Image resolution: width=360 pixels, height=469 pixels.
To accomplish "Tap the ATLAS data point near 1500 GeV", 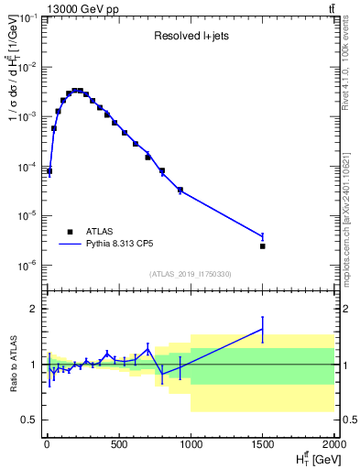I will click(x=263, y=246).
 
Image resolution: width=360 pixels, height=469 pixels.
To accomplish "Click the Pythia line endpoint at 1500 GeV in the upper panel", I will click(x=263, y=236).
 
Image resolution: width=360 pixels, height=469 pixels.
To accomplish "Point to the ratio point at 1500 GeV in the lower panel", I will click(x=263, y=329).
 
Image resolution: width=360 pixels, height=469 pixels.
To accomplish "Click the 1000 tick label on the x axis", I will click(x=190, y=446).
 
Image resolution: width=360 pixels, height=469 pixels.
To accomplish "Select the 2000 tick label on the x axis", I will click(x=334, y=446).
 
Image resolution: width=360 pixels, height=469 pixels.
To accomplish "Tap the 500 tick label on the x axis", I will click(x=118, y=446).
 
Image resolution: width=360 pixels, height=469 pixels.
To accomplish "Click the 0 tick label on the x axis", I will click(x=46, y=446).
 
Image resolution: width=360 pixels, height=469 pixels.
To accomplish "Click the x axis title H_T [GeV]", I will click(x=314, y=459).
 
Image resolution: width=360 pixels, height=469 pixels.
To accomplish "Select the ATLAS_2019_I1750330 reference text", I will click(x=191, y=274).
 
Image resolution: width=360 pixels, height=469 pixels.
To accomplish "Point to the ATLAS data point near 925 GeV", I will click(x=180, y=191).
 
